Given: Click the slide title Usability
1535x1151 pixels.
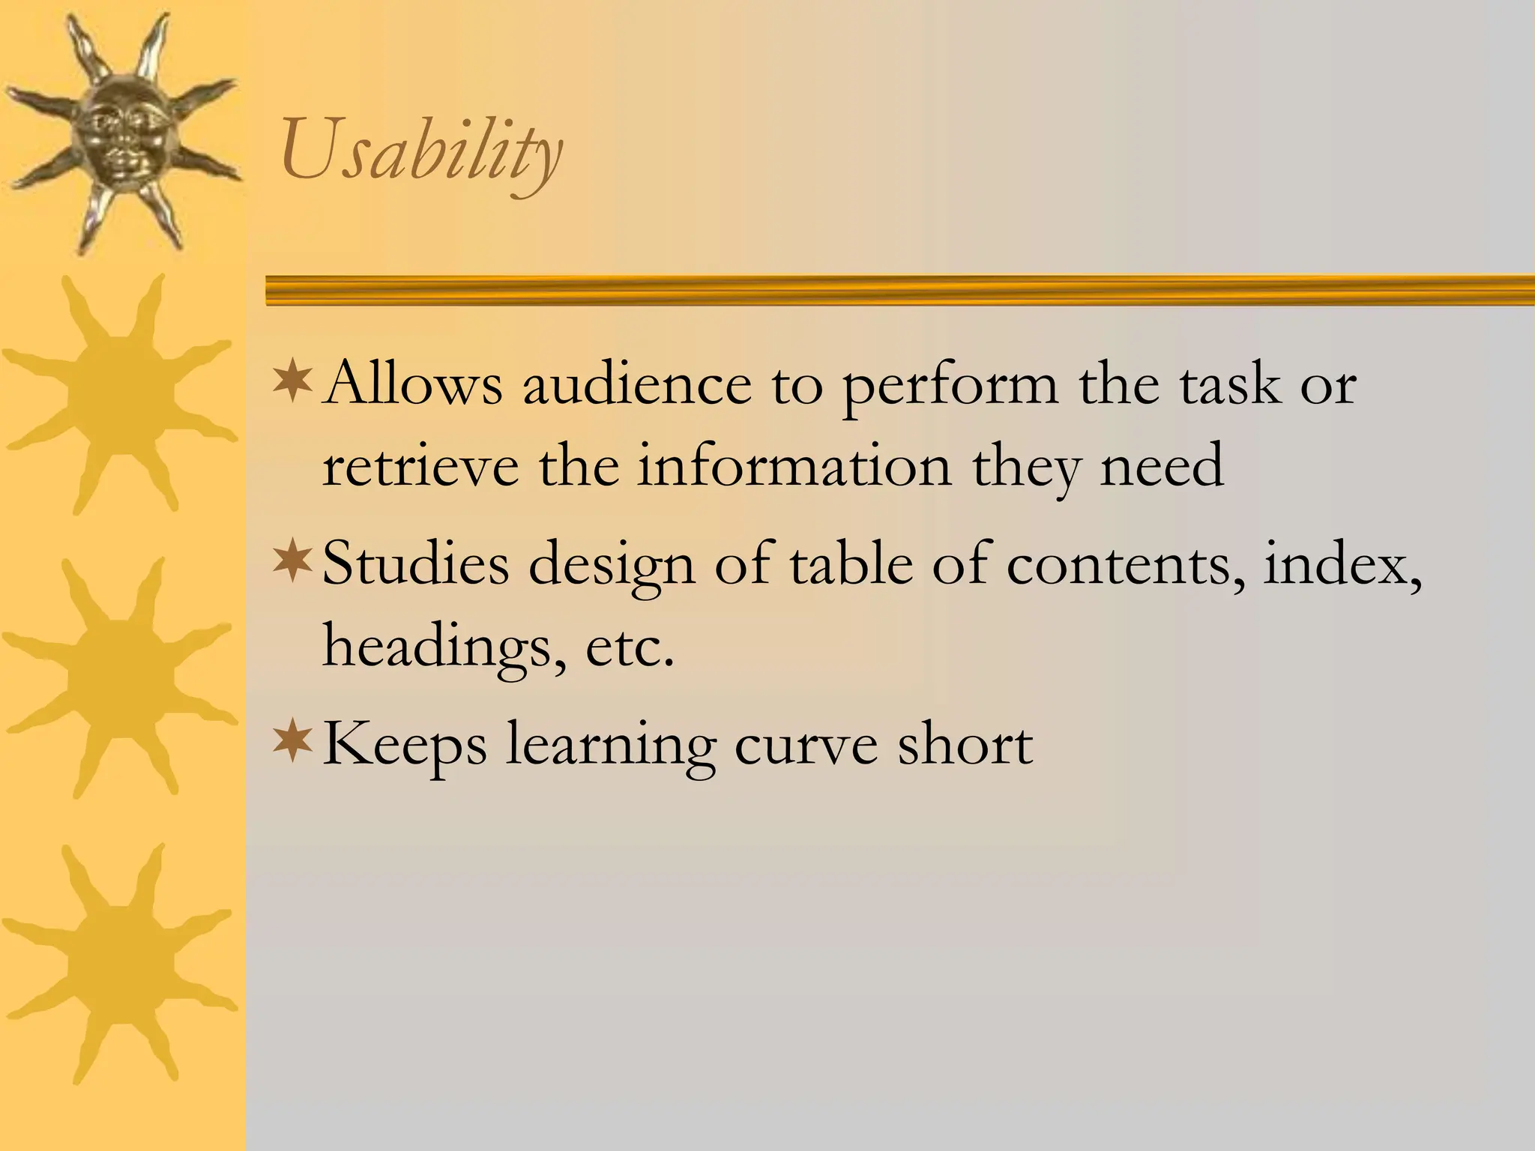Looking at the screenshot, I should tap(421, 152).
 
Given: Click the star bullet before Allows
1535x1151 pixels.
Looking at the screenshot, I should tap(292, 380).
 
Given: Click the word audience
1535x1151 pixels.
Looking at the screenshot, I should tap(636, 384).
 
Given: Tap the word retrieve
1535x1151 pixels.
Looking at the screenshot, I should tap(420, 466).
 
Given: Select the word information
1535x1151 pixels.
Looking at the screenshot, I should tap(794, 466).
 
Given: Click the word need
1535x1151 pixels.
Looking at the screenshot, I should tap(1162, 466).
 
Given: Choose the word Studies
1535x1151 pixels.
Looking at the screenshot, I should tap(416, 564).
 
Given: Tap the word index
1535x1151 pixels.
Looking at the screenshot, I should tap(1342, 564).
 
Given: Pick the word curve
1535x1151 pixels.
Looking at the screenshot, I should tap(806, 745).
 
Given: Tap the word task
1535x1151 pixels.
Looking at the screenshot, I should tap(1230, 384).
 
